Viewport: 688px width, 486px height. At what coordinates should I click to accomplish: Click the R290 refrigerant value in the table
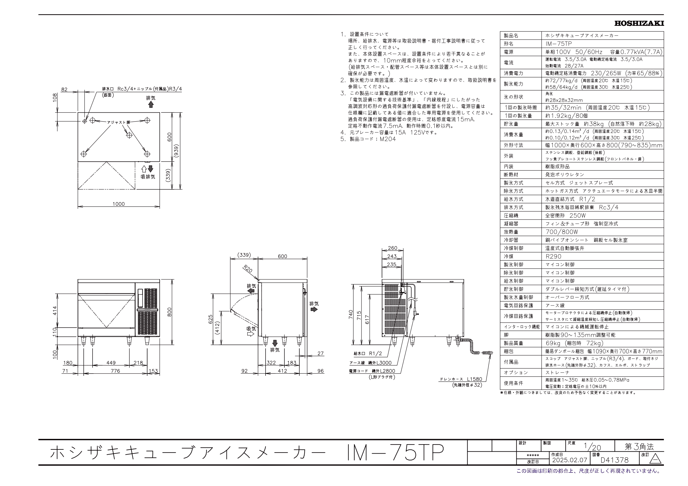click(x=553, y=256)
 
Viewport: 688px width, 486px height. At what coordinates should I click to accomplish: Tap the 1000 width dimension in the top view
click(x=118, y=204)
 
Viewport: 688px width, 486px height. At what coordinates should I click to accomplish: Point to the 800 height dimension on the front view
click(x=170, y=312)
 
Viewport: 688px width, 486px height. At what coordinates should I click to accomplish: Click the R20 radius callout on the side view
click(x=248, y=269)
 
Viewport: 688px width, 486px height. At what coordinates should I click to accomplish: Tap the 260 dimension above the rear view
click(x=392, y=248)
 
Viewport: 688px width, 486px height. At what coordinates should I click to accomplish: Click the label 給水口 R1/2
click(x=368, y=353)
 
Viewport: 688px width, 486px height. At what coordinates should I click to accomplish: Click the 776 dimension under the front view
click(x=115, y=371)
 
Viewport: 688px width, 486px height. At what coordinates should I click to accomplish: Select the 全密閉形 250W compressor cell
click(x=565, y=216)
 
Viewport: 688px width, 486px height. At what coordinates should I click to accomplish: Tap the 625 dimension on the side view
click(x=210, y=319)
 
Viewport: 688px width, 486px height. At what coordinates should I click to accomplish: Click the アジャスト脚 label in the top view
click(x=119, y=122)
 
